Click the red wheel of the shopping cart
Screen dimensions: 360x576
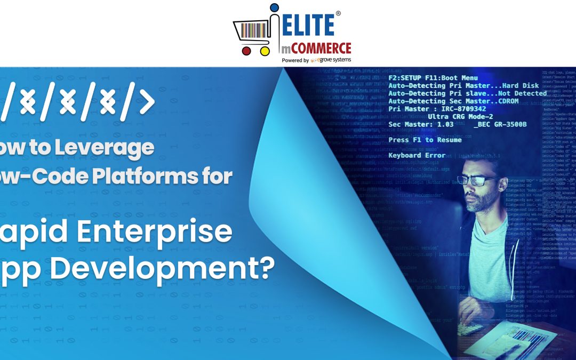point(246,51)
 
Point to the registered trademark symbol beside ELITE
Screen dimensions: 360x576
point(338,13)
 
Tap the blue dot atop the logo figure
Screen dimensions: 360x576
point(274,7)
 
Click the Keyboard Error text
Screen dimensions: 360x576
point(417,155)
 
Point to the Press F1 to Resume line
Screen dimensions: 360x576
point(425,140)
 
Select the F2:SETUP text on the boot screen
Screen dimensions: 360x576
point(407,78)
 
